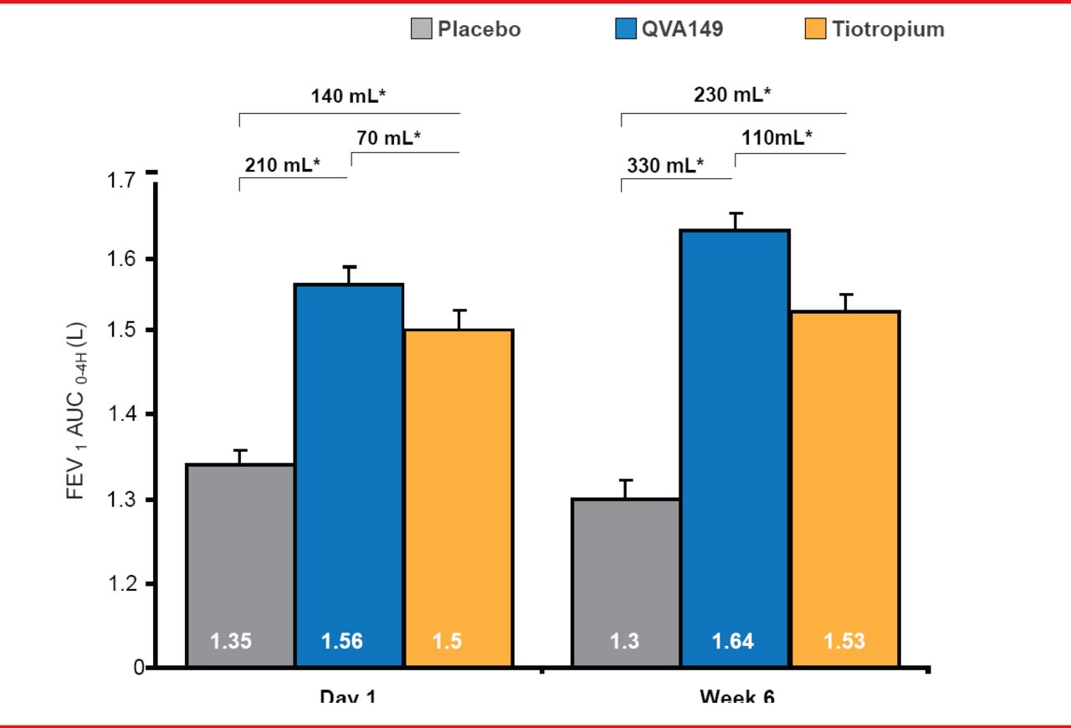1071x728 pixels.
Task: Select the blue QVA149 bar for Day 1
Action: (349, 469)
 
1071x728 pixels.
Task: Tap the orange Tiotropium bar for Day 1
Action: (459, 494)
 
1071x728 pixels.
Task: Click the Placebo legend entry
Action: (466, 29)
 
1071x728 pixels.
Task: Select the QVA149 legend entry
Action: (669, 29)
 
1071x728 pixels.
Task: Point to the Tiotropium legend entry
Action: (874, 29)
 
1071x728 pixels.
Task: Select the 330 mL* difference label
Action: (666, 166)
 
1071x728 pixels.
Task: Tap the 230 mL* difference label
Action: (732, 95)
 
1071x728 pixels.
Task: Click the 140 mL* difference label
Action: (348, 95)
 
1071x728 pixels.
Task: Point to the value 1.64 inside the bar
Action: (733, 642)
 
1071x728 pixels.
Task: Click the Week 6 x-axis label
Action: (737, 695)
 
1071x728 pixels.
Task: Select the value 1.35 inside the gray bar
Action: (231, 642)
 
